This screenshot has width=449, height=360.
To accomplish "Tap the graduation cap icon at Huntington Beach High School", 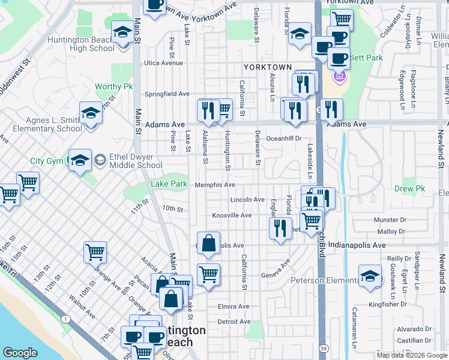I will coord(122,32).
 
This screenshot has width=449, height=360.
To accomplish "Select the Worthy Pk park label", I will coord(113,87).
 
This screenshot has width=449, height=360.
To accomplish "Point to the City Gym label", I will coord(47,161).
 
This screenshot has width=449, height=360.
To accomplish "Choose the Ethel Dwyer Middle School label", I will coord(128,161).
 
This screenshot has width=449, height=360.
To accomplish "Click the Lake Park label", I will coord(169,184).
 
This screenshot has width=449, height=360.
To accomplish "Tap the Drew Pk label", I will coord(409,188).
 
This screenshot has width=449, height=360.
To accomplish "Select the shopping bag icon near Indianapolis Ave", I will coord(208,244).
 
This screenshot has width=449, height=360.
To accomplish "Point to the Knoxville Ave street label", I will coord(232,215).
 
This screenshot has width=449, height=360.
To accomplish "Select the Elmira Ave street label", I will coord(234,306).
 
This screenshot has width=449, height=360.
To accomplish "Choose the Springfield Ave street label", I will coord(167,94).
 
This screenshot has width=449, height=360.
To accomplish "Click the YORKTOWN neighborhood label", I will coord(267,67).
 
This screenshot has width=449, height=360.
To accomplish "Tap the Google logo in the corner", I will coord(20,353).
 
